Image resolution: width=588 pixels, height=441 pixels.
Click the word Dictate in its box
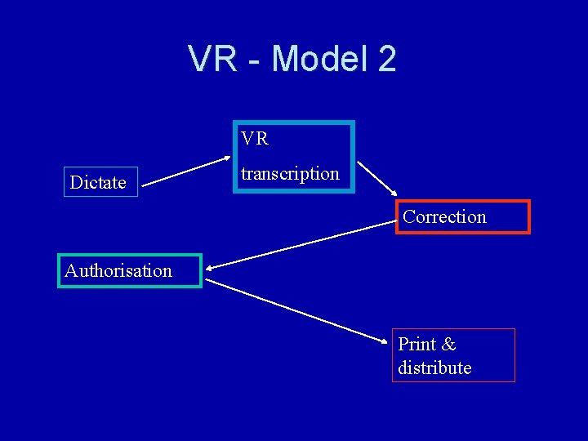pyautogui.click(x=98, y=182)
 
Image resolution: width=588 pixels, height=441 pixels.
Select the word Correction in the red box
pyautogui.click(x=444, y=216)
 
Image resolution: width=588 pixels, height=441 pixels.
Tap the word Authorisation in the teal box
pyautogui.click(x=118, y=270)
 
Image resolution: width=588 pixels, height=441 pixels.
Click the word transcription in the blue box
pyautogui.click(x=290, y=173)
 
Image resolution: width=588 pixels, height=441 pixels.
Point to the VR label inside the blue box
pyautogui.click(x=255, y=139)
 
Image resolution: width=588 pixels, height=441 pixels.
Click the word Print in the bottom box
pyautogui.click(x=416, y=344)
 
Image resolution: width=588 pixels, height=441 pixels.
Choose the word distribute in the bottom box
pyautogui.click(x=434, y=367)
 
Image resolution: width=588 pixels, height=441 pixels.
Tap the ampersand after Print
pyautogui.click(x=448, y=344)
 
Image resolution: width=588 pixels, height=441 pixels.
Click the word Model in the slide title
pyautogui.click(x=318, y=59)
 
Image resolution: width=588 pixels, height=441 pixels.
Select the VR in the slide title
pyautogui.click(x=213, y=59)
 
